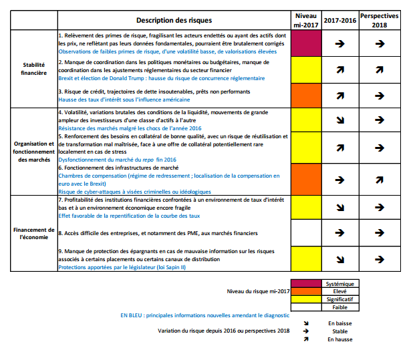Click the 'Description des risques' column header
click(x=173, y=20)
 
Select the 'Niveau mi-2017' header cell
click(x=306, y=20)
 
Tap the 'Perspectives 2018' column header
click(x=379, y=20)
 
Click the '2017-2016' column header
click(x=339, y=20)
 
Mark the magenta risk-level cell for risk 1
click(x=306, y=43)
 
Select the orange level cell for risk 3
click(x=306, y=95)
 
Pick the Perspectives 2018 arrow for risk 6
click(x=379, y=180)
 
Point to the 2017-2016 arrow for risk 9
click(x=339, y=258)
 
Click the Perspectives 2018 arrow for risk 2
click(x=379, y=69)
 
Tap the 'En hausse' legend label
click(x=339, y=339)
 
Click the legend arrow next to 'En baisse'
click(x=306, y=323)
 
